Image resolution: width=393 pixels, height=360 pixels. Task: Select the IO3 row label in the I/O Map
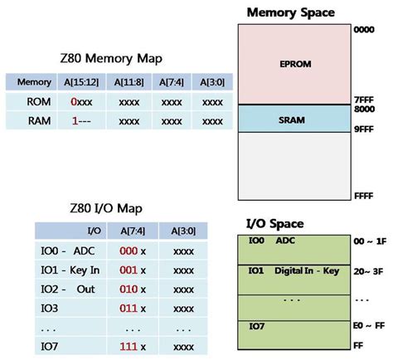click(51, 307)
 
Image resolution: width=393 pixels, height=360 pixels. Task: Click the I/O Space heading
click(274, 223)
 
